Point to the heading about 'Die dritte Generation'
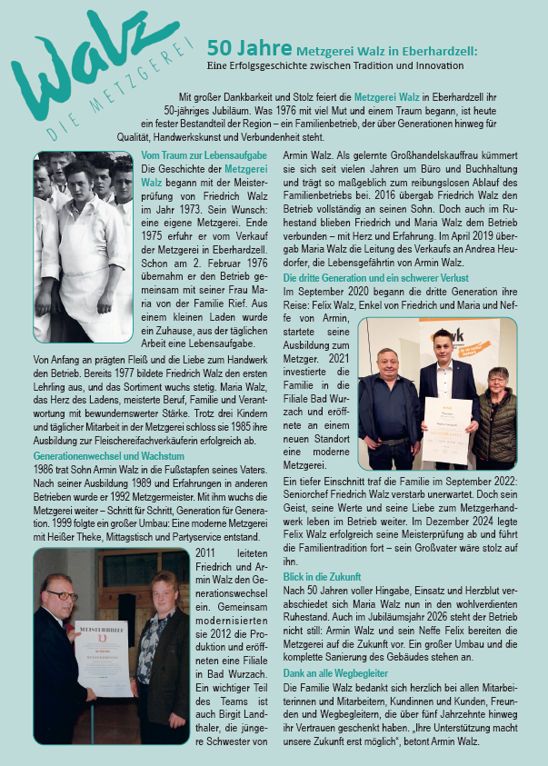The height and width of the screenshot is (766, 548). tap(376, 277)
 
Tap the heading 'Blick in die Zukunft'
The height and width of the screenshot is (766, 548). tap(322, 577)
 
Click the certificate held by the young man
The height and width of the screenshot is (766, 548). tap(447, 429)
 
